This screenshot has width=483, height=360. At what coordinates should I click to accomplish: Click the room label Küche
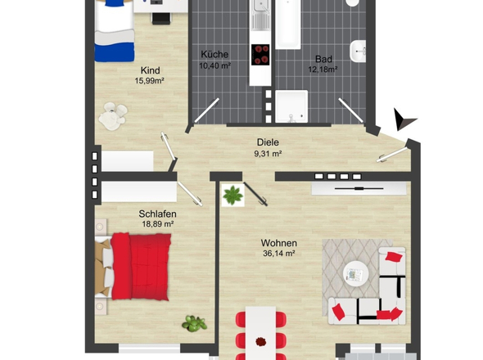click(214, 55)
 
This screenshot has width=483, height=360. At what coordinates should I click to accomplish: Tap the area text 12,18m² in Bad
click(323, 70)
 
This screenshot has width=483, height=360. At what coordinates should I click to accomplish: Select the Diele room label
click(268, 142)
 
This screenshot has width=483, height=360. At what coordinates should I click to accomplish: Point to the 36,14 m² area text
click(279, 254)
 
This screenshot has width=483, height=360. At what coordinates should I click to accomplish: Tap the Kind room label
click(151, 70)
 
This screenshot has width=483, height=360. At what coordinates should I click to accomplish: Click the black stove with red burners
click(260, 55)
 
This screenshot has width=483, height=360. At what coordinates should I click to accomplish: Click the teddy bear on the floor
click(113, 116)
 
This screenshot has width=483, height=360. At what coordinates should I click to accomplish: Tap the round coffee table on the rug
click(356, 274)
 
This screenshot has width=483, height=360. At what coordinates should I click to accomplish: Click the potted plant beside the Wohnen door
click(232, 196)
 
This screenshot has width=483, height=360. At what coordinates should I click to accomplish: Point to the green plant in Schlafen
click(194, 323)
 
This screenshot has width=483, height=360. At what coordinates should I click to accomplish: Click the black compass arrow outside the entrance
click(403, 119)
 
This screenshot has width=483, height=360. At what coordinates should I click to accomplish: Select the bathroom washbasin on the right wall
click(358, 51)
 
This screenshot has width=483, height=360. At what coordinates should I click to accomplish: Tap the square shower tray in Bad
click(291, 106)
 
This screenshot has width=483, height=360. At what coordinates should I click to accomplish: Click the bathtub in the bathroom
click(287, 25)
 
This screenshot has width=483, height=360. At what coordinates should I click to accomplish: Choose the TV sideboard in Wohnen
click(359, 188)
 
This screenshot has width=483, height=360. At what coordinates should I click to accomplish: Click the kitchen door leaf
click(207, 110)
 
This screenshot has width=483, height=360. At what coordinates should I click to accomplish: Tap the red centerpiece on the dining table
click(261, 341)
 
